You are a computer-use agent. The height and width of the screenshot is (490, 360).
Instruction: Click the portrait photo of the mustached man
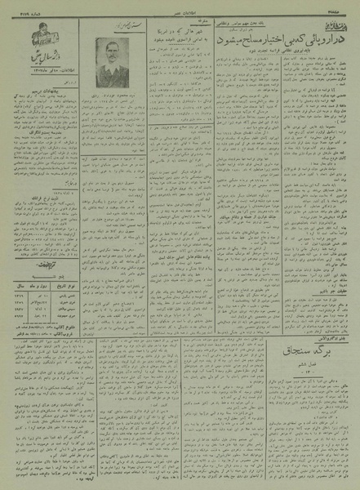(112, 63)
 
